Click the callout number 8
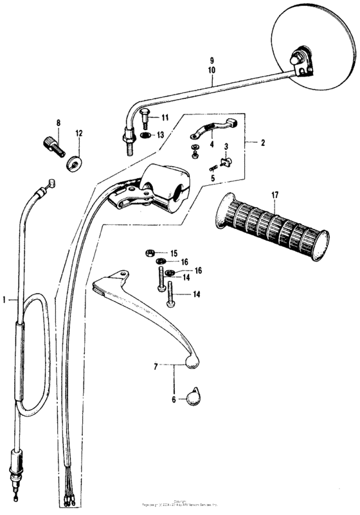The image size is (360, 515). [58, 122]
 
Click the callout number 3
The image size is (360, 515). [226, 147]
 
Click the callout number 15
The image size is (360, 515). [174, 253]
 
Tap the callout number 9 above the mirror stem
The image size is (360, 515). [212, 59]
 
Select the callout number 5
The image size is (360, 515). [213, 177]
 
